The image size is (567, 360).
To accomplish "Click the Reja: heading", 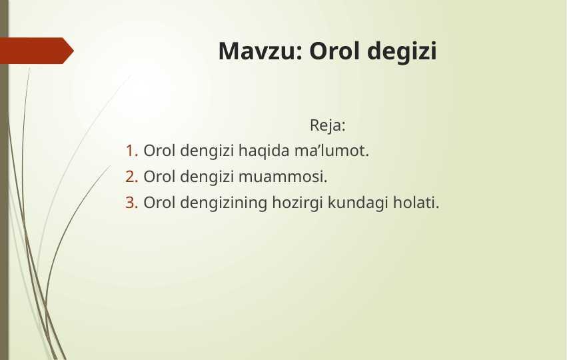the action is click(x=328, y=125).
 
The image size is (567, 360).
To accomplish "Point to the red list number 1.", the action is click(x=132, y=151).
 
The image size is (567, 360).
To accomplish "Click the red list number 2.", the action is click(x=132, y=177).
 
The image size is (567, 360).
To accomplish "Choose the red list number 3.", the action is click(x=132, y=203).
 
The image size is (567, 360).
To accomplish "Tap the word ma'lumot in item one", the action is click(x=332, y=151).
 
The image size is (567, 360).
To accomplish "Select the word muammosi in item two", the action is click(x=283, y=177).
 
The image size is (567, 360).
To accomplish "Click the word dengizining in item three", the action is click(x=223, y=203).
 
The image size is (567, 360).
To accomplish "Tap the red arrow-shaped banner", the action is click(x=37, y=51).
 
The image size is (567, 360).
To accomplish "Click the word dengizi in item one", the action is click(x=207, y=151).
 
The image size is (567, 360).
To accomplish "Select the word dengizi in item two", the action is click(x=207, y=177).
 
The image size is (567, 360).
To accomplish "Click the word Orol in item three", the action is click(x=159, y=203).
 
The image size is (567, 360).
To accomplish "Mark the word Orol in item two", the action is click(x=159, y=177).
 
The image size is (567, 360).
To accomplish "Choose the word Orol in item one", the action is click(x=159, y=151).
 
